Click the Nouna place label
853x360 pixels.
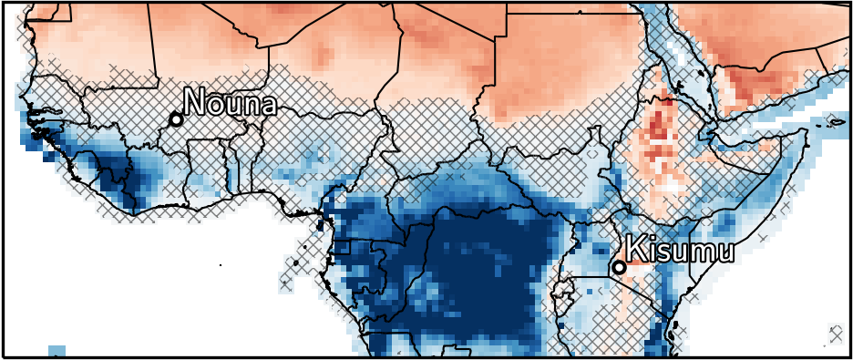point(230,102)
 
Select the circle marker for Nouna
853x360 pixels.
point(176,119)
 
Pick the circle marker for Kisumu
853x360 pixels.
point(619,267)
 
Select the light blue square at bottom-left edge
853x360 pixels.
point(57,351)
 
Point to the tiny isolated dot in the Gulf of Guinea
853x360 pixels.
point(221,264)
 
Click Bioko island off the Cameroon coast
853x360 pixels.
point(320,221)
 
